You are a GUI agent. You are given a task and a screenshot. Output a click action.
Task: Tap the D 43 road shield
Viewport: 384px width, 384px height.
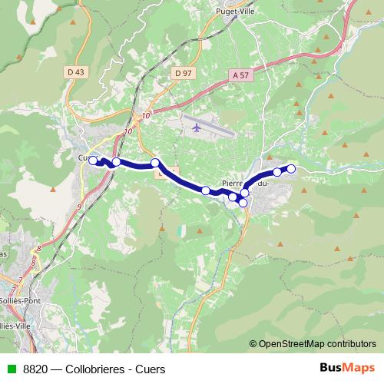(x=75, y=72)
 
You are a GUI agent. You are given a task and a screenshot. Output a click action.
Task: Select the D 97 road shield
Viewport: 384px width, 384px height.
(x=182, y=72)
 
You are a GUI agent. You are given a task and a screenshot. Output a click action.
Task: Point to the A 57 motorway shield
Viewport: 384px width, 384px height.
(x=240, y=75)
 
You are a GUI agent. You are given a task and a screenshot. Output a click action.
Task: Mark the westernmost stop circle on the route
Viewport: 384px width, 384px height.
(x=93, y=161)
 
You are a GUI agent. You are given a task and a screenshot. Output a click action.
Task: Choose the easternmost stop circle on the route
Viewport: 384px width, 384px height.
(x=291, y=168)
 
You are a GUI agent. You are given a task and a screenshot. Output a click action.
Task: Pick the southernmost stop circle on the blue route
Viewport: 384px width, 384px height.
(x=243, y=203)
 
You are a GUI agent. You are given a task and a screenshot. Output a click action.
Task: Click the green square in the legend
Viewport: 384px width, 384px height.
(x=11, y=368)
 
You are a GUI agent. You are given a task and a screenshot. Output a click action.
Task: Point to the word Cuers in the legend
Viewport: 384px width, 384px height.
(x=150, y=368)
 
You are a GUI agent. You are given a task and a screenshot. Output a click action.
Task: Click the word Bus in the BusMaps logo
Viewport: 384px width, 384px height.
(x=329, y=367)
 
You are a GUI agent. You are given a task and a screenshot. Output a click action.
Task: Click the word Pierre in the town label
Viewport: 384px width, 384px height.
(x=233, y=184)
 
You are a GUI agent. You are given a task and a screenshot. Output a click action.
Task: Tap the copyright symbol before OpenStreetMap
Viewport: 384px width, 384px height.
(x=253, y=343)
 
